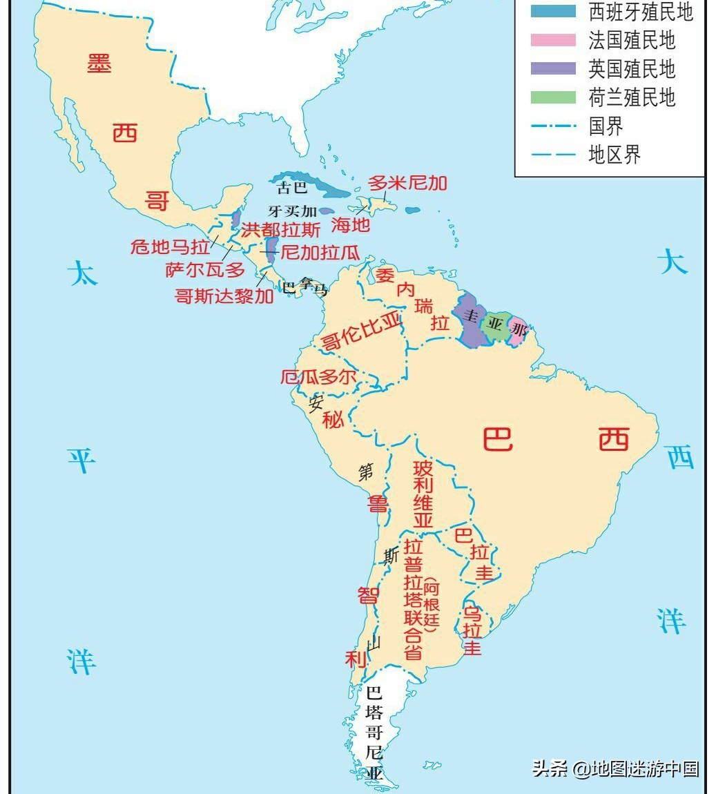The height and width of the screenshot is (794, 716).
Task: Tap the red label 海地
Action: pyautogui.click(x=350, y=224)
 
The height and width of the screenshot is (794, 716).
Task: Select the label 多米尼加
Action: pyautogui.click(x=407, y=183)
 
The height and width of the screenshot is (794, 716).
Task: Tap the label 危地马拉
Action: pyautogui.click(x=170, y=246)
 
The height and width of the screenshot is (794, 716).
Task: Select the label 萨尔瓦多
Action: pyautogui.click(x=205, y=270)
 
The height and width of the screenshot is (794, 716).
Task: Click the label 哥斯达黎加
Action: pyautogui.click(x=224, y=296)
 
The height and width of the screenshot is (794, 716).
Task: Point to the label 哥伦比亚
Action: pyautogui.click(x=361, y=331)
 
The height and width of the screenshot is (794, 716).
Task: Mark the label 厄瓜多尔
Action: pyautogui.click(x=318, y=377)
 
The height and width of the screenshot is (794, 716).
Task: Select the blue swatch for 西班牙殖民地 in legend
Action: pyautogui.click(x=552, y=11)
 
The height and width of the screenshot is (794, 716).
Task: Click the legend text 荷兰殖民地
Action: pyautogui.click(x=631, y=97)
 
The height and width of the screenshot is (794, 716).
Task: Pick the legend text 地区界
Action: pyautogui.click(x=614, y=154)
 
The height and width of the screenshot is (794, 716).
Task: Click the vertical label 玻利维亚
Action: pyautogui.click(x=423, y=494)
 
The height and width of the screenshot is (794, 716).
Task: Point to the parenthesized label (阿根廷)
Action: pyautogui.click(x=431, y=606)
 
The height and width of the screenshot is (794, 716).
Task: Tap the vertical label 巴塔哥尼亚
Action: pyautogui.click(x=374, y=733)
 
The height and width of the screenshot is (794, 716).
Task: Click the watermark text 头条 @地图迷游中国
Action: pyautogui.click(x=615, y=768)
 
